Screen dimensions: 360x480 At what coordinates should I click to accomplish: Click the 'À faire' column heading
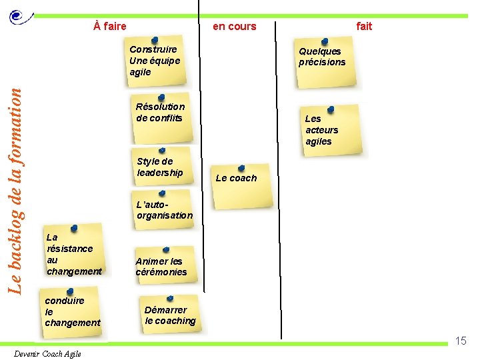(x=110, y=26)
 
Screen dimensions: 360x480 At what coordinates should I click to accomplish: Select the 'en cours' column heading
(x=234, y=26)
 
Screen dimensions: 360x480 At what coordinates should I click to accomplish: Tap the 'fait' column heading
(x=364, y=26)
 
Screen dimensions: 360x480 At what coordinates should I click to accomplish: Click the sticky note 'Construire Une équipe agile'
(x=157, y=61)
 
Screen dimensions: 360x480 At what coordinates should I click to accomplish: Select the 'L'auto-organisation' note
(x=163, y=210)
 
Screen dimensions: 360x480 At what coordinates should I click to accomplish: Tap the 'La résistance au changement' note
(x=73, y=253)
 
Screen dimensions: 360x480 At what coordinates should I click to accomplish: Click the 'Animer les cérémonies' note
(x=162, y=267)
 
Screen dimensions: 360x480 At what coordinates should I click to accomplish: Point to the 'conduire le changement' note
(x=72, y=311)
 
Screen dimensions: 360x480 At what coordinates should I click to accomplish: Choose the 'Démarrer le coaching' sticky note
(x=171, y=315)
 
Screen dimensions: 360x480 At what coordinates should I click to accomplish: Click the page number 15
(x=461, y=341)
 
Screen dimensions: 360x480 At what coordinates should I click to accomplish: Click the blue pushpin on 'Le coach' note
(x=241, y=169)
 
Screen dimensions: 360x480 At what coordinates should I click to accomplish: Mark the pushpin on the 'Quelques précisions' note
(x=324, y=42)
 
